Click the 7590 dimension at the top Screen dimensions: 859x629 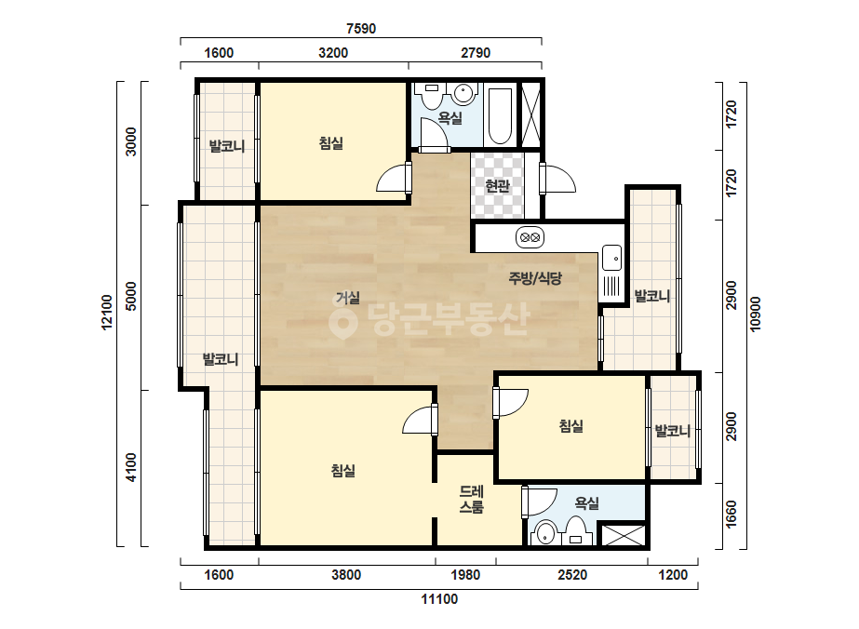tap(361, 29)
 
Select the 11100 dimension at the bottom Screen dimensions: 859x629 tap(439, 599)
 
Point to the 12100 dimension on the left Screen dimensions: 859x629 tap(107, 313)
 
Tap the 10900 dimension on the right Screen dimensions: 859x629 tap(756, 314)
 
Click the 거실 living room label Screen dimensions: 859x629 tap(348, 298)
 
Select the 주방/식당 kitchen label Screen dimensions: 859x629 tap(535, 278)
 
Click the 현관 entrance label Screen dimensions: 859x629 tap(497, 186)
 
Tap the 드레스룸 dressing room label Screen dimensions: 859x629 tap(471, 499)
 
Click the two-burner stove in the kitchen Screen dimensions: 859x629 tap(530, 237)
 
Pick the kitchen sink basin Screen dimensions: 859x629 tap(612, 258)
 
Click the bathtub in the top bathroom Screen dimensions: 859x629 tap(500, 115)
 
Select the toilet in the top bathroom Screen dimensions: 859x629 tap(432, 97)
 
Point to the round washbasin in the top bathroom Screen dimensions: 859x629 tap(464, 93)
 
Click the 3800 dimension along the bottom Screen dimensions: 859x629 tap(346, 575)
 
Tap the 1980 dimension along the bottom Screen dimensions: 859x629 tap(465, 575)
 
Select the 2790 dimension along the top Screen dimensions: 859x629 tap(475, 53)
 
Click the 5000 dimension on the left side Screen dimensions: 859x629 tap(131, 296)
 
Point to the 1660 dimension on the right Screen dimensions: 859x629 tap(731, 515)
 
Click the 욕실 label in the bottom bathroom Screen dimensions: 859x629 tap(586, 503)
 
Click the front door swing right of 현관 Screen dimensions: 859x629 tap(558, 179)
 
